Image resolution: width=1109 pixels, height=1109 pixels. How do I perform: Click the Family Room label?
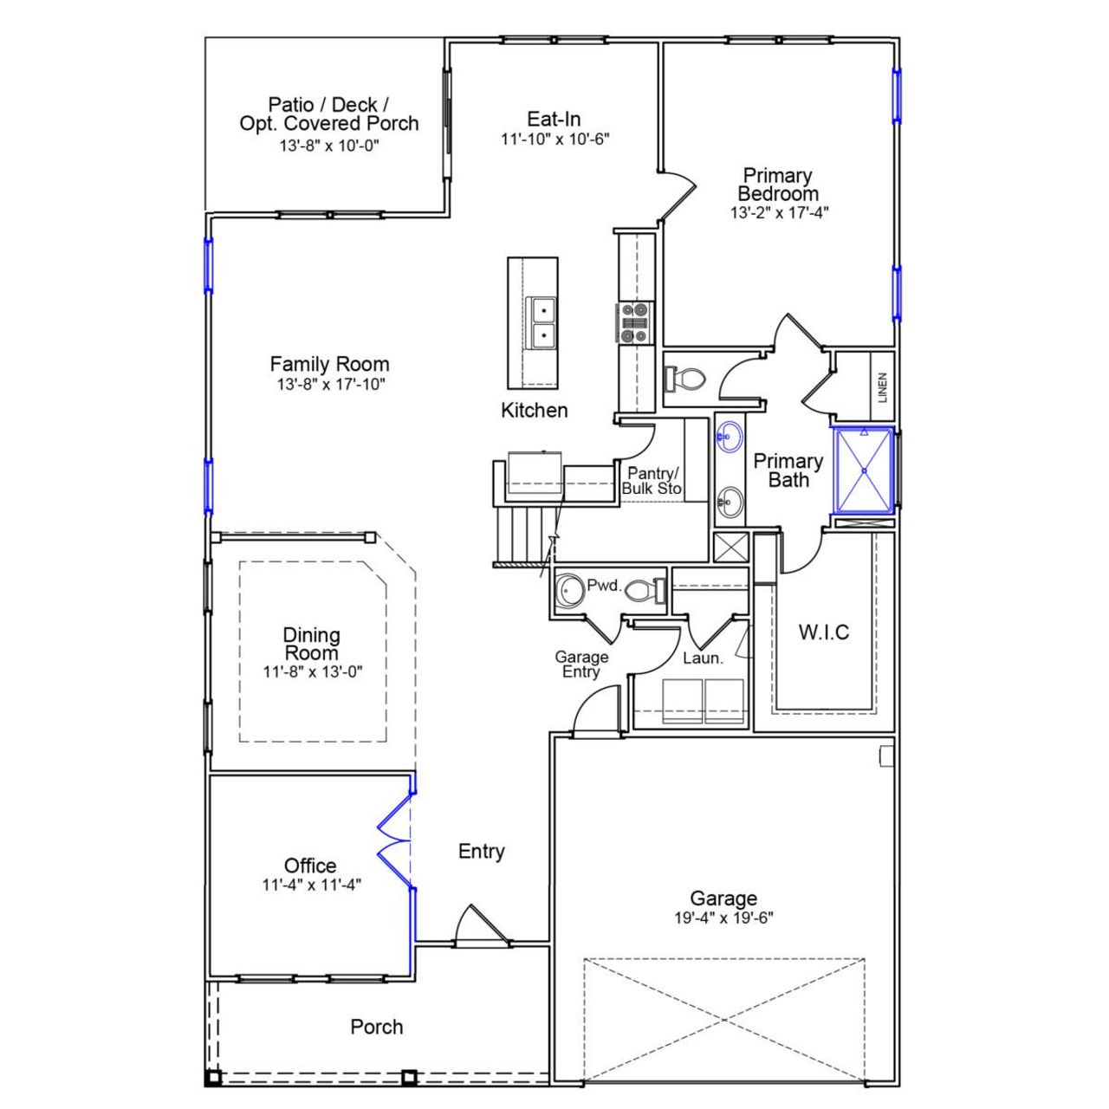click(x=329, y=365)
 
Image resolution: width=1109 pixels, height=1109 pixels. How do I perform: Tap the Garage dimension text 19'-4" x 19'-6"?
click(x=723, y=918)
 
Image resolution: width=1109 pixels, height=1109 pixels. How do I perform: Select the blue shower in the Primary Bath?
click(x=863, y=470)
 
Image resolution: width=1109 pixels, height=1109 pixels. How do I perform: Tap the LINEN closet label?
click(x=882, y=387)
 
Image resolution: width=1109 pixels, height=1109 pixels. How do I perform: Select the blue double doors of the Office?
click(x=394, y=841)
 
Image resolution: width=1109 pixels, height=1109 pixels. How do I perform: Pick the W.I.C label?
click(x=823, y=632)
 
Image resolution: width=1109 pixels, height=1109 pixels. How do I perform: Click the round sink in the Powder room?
click(x=569, y=590)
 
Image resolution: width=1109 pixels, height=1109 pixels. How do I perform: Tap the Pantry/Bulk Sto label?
click(x=652, y=481)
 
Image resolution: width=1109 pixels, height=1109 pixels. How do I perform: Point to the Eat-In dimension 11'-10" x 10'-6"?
click(x=554, y=139)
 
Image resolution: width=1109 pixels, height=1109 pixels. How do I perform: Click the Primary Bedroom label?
click(x=778, y=185)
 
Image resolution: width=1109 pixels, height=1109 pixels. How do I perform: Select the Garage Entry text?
click(x=581, y=665)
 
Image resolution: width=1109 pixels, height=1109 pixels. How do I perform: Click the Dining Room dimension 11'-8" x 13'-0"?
click(x=312, y=671)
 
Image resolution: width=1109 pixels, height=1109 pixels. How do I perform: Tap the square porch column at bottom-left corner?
click(x=212, y=1078)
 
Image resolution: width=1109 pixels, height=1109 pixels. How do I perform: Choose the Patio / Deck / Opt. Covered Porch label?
click(x=329, y=114)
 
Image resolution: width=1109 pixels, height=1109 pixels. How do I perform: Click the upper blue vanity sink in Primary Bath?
click(x=730, y=437)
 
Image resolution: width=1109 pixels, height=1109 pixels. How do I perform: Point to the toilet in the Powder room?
click(x=641, y=590)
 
